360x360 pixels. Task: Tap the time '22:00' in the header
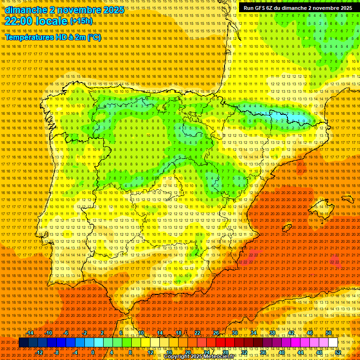(19, 21)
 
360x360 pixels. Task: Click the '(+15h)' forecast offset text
(81, 21)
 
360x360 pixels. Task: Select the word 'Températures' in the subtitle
(30, 37)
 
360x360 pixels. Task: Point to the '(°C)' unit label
(94, 37)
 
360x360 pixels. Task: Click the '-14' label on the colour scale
(30, 333)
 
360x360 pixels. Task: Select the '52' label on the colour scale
(338, 352)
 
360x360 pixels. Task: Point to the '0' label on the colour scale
(93, 352)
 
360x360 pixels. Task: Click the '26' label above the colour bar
(216, 333)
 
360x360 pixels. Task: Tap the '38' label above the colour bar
(272, 333)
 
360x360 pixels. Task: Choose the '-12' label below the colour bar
(39, 352)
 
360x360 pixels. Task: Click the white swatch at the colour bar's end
(333, 343)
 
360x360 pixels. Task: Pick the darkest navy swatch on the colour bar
(23, 343)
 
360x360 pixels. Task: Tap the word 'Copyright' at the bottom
(179, 357)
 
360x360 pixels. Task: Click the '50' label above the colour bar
(329, 333)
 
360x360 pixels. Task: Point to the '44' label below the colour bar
(300, 352)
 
